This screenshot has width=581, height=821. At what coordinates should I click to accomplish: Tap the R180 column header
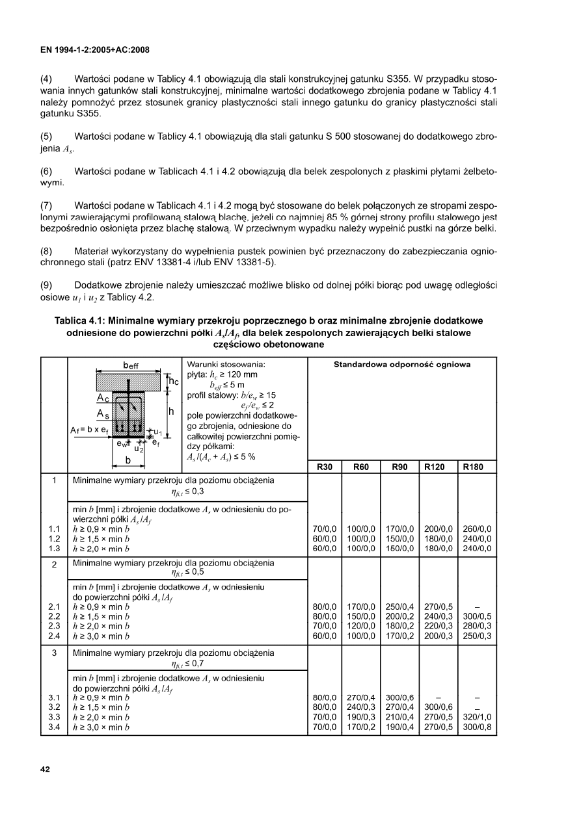tap(478, 467)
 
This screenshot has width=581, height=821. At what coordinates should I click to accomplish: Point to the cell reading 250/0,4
tap(398, 607)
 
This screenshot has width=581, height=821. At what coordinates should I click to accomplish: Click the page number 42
tap(45, 770)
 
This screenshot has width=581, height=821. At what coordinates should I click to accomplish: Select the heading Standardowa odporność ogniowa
tap(402, 365)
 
